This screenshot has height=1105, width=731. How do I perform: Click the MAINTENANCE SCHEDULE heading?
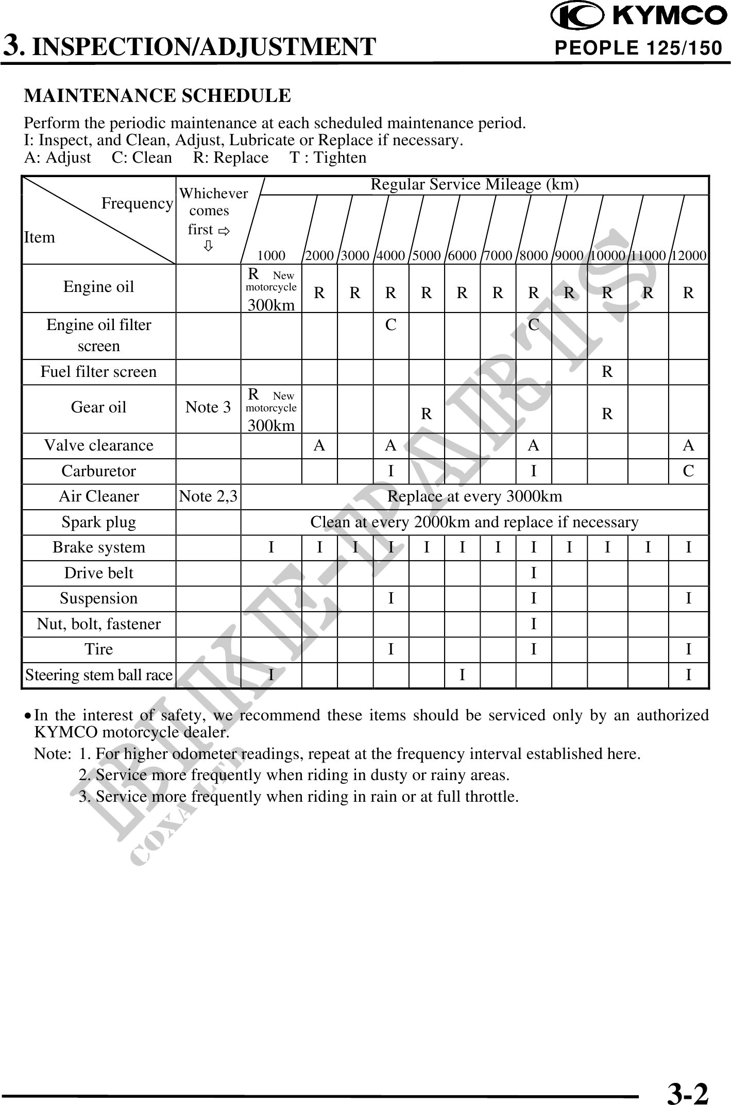coord(158,96)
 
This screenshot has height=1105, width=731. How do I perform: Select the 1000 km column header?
coord(271,255)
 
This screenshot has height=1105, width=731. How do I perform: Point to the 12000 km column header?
coord(689,255)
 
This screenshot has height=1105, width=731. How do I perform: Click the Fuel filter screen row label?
coord(98,372)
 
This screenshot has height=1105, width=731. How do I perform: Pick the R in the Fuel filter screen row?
coord(607,372)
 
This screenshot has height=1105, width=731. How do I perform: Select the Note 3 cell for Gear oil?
coord(208,407)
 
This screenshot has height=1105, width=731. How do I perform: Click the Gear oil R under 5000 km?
coord(427,413)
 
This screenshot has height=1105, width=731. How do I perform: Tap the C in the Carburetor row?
coord(688,471)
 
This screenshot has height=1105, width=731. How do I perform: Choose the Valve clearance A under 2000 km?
coord(319,445)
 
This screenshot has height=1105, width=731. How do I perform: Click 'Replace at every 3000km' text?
coord(474,496)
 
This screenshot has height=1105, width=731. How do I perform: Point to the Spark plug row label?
coord(98,522)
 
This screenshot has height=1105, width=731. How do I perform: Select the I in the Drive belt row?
coord(534,573)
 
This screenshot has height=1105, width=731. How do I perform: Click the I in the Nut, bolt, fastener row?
coord(534,624)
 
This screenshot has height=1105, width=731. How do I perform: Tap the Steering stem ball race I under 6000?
coord(462,675)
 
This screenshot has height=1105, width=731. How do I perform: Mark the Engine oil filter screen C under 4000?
coord(391,325)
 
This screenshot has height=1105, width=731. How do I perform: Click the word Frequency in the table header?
coord(137,204)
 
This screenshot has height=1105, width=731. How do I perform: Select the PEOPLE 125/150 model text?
coord(638,48)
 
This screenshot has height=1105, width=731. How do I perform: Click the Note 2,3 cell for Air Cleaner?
coord(208,496)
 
